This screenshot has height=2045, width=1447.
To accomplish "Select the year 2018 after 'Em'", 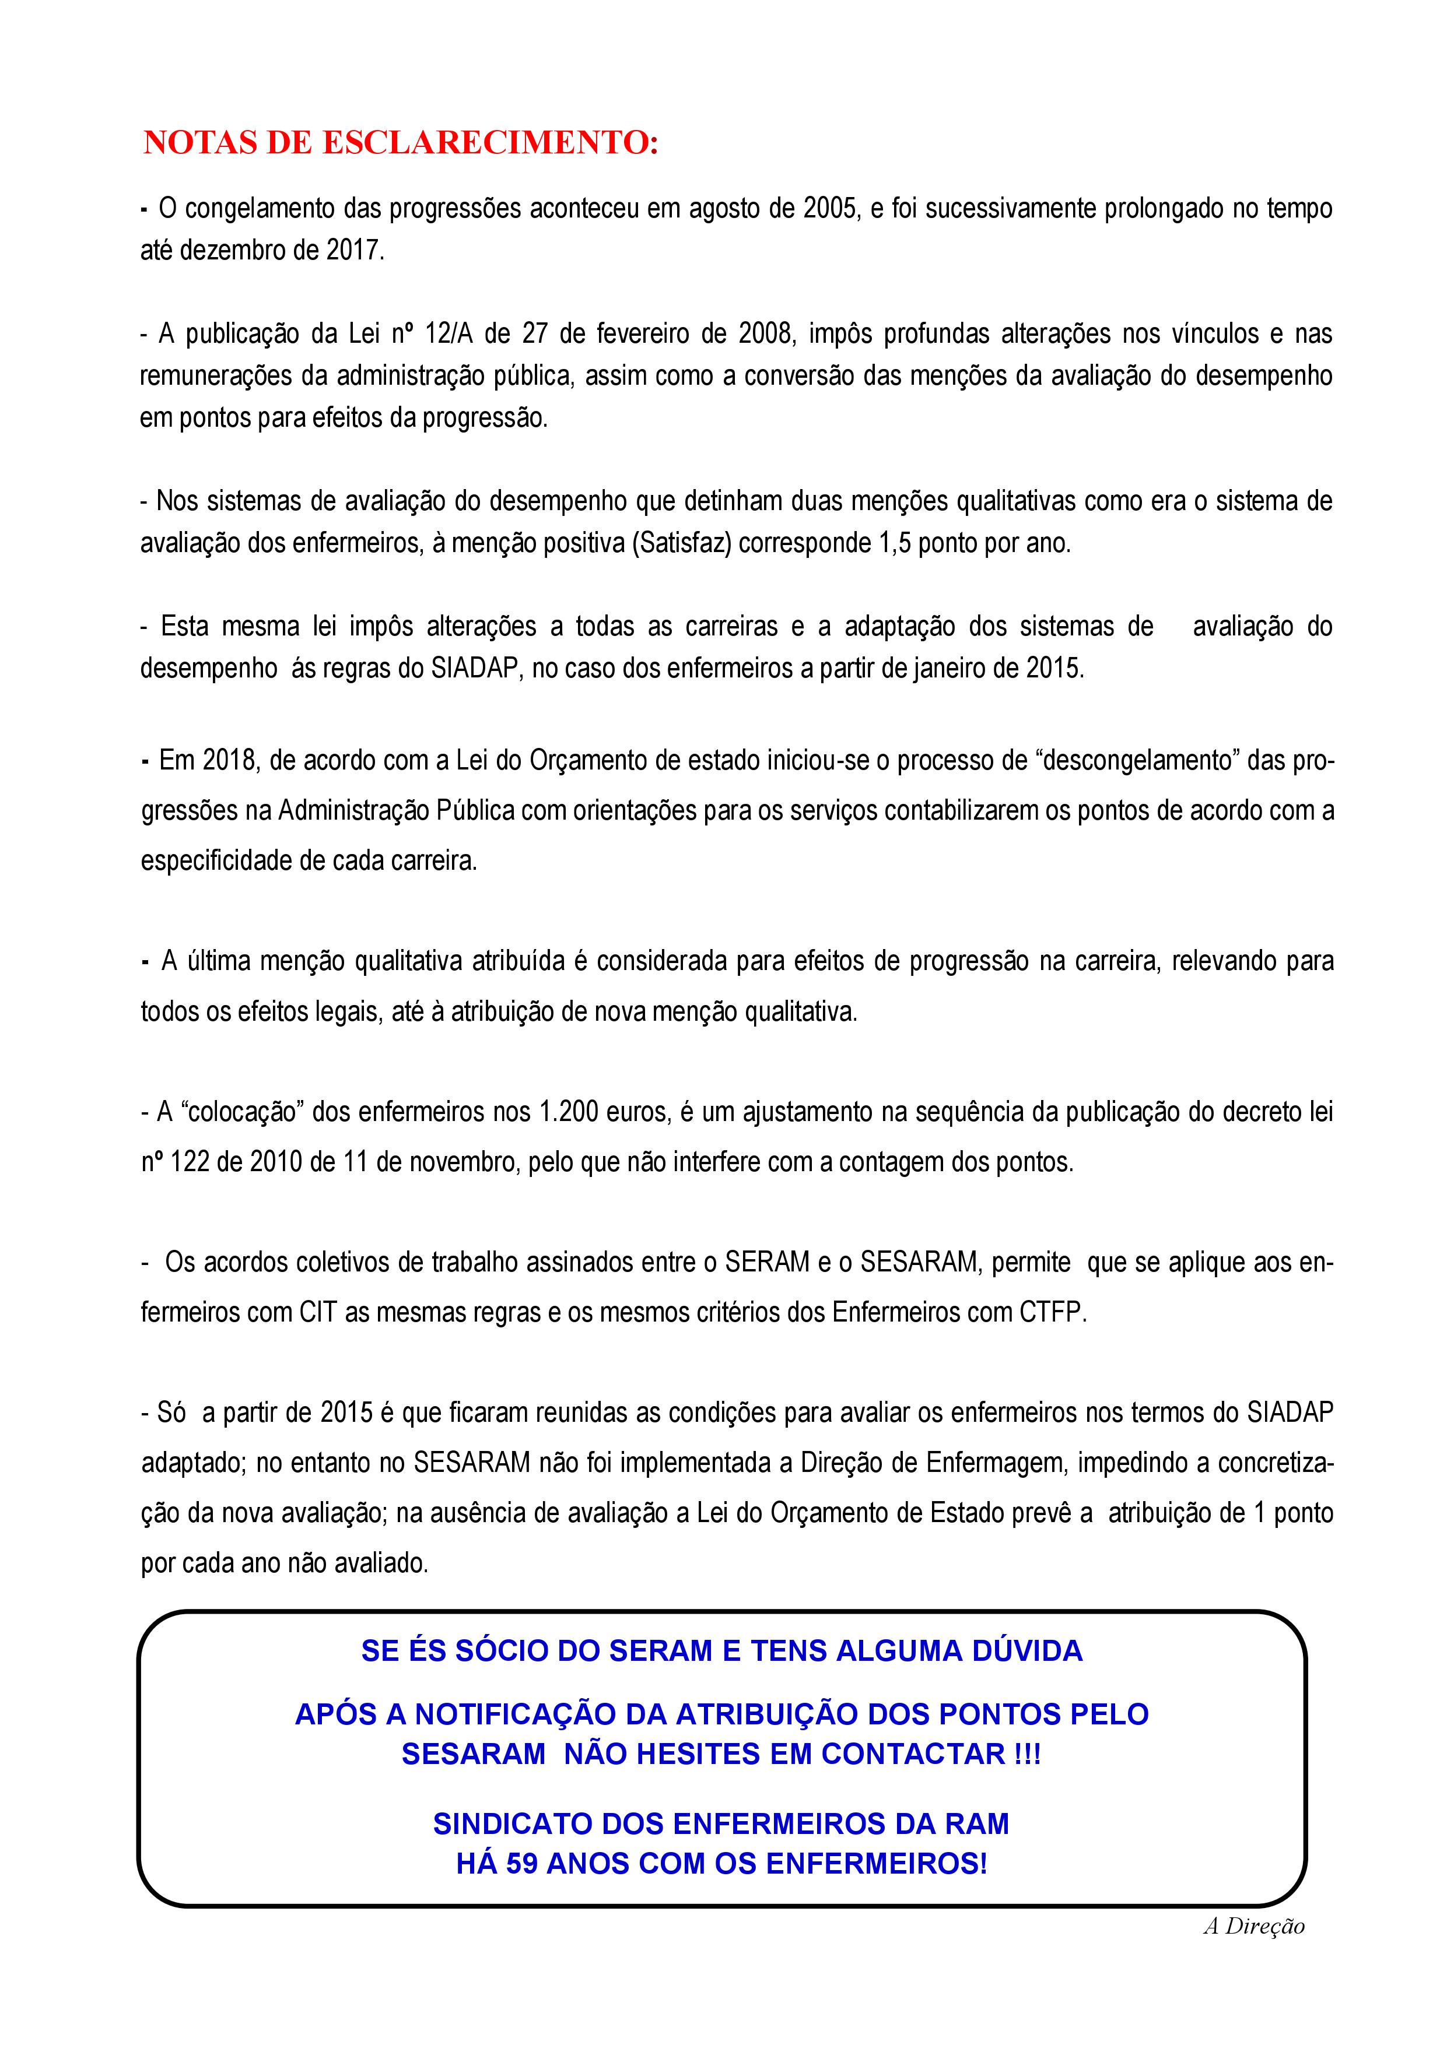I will point(229,761).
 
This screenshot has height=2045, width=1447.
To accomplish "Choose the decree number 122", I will point(190,1162).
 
